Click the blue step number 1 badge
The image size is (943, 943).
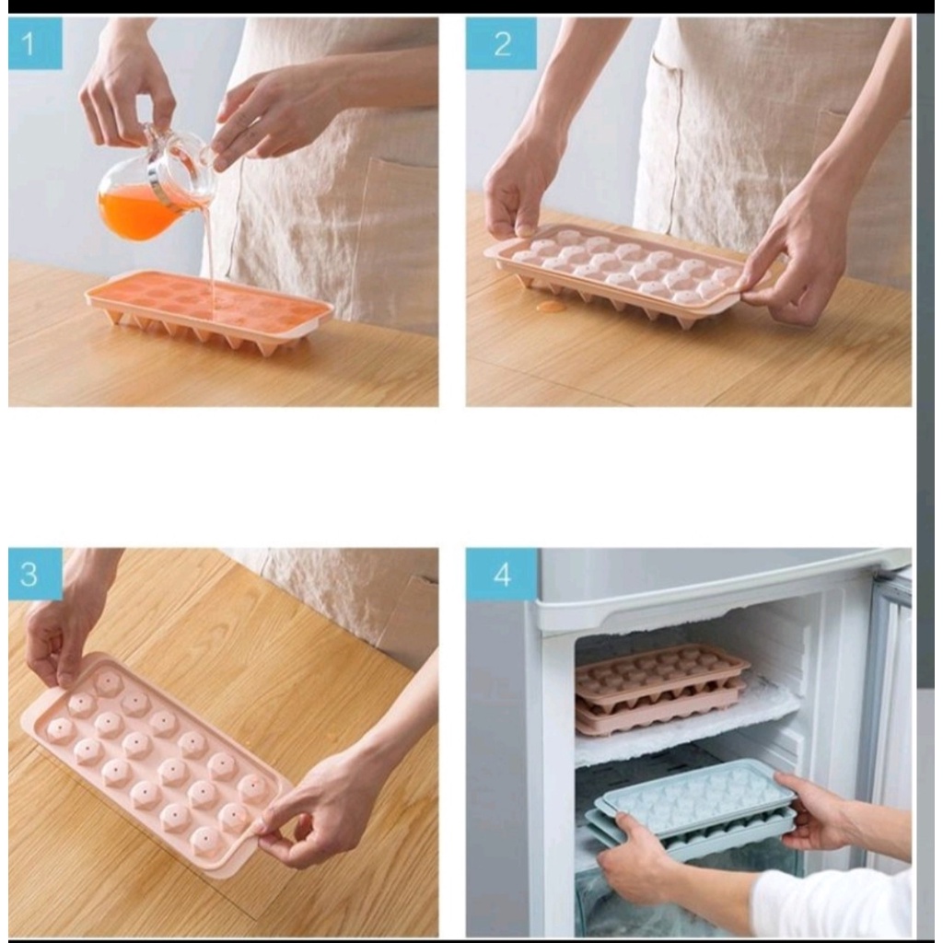point(36,42)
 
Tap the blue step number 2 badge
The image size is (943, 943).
point(501,42)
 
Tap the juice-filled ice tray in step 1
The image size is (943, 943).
point(209,306)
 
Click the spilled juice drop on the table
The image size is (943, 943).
point(551,307)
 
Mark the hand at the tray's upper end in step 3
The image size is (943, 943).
point(57,637)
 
